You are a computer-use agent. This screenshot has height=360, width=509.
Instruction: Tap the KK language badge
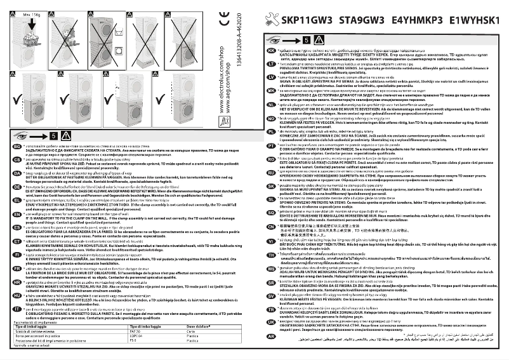[271, 50]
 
